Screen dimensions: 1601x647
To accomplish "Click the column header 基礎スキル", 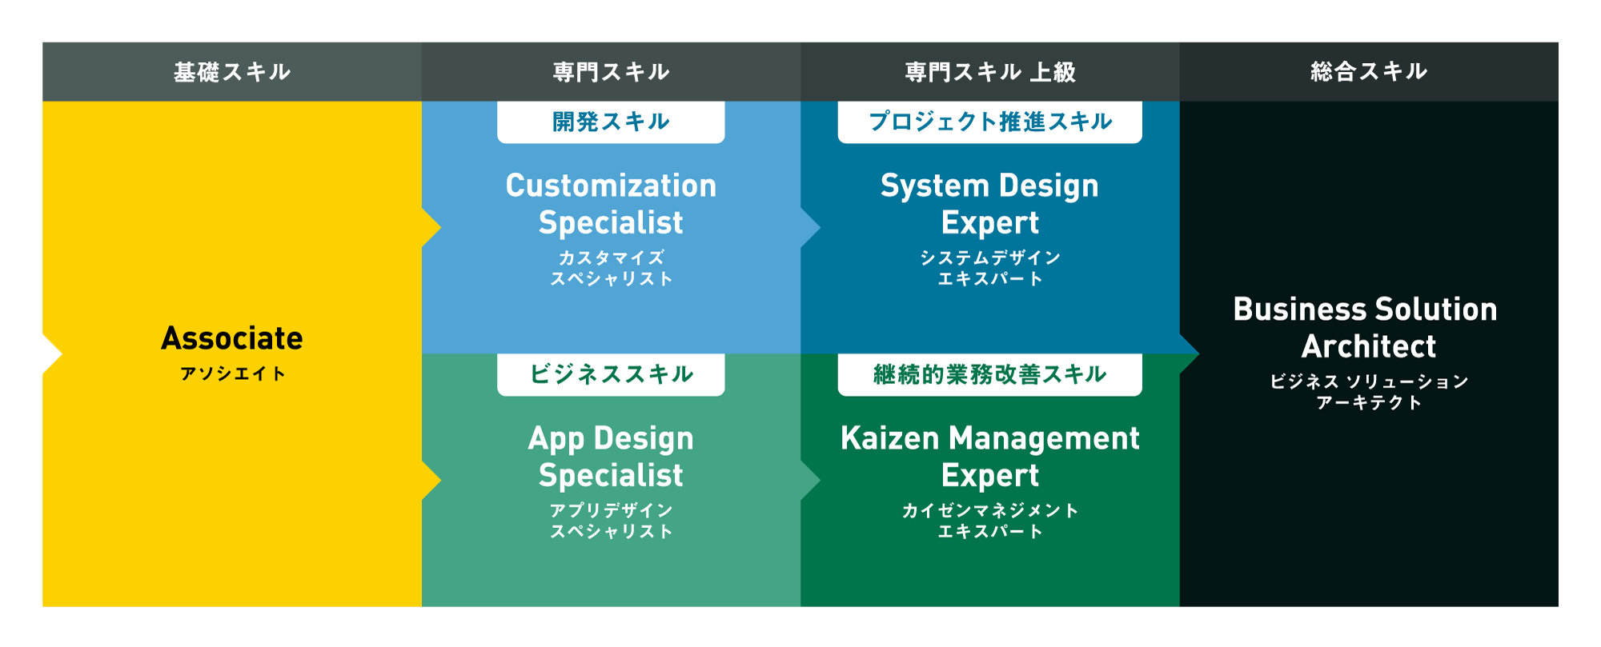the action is [x=232, y=72].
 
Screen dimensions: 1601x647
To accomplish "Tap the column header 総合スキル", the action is [x=1369, y=72].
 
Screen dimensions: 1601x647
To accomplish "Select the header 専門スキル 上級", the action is [x=990, y=72].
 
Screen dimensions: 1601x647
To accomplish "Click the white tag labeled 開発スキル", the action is [x=611, y=122].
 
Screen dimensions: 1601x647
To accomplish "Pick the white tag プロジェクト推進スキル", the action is [x=990, y=122].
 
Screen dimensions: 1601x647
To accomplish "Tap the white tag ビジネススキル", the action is [x=611, y=374].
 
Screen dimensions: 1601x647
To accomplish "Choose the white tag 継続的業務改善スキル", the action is [x=990, y=374].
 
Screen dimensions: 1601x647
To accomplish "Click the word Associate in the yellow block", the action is [x=232, y=338].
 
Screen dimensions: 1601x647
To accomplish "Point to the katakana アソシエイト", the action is [x=232, y=373].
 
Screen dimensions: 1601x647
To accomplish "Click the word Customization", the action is [x=611, y=186].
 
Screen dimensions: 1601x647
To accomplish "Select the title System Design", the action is [x=990, y=186].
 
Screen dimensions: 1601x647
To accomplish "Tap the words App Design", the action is [x=611, y=439].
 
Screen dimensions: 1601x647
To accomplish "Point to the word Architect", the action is [x=1369, y=346].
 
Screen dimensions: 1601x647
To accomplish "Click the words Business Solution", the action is [x=1365, y=310].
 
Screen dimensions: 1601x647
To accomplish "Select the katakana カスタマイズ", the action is [x=611, y=258].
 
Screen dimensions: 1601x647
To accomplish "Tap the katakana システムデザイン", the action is [x=990, y=258].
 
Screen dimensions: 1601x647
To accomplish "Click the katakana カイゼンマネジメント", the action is [x=990, y=510].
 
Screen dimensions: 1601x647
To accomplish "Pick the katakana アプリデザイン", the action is [x=611, y=510].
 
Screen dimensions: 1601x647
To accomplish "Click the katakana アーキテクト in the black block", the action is [x=1369, y=402].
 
